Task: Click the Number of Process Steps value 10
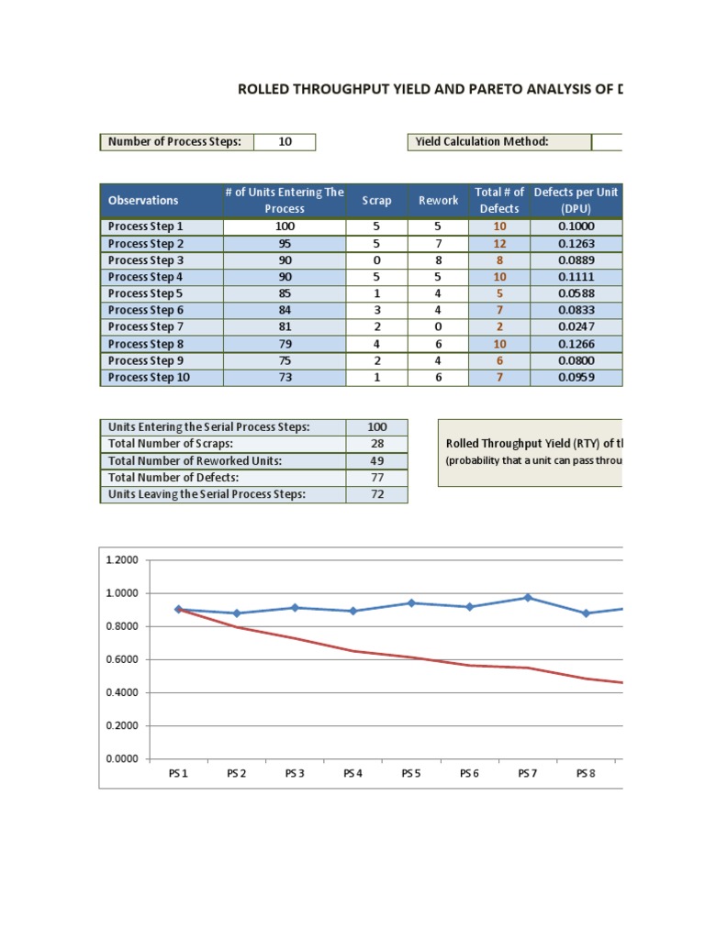(x=285, y=142)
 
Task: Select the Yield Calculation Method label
(x=482, y=142)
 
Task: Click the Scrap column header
(x=376, y=201)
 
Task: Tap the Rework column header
(x=438, y=201)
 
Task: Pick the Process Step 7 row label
(x=146, y=326)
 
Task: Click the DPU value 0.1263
(x=576, y=243)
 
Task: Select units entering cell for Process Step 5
(x=284, y=293)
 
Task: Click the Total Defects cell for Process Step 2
(x=499, y=243)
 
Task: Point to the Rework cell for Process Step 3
(x=438, y=260)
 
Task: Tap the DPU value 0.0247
(x=576, y=326)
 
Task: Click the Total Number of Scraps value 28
(x=376, y=444)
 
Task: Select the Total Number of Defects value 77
(x=376, y=477)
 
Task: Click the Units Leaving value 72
(x=376, y=494)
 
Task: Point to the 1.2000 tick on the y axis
(x=122, y=560)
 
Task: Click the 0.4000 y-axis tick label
(x=122, y=692)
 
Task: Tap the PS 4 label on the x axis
(x=352, y=774)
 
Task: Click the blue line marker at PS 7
(x=528, y=598)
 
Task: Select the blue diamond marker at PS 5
(x=411, y=602)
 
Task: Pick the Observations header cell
(x=143, y=201)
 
